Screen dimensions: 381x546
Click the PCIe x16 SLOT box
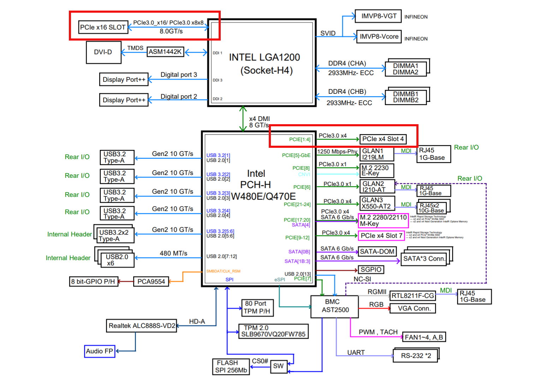click(x=103, y=27)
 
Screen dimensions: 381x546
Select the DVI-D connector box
click(x=103, y=52)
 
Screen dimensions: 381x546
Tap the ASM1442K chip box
click(x=165, y=52)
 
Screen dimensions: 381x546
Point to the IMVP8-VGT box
click(x=378, y=16)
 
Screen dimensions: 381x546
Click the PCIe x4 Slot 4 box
click(x=383, y=139)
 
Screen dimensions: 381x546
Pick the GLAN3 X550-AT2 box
click(x=377, y=203)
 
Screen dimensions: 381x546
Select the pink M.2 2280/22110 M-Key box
click(x=383, y=220)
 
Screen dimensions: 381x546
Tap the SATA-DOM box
click(x=377, y=252)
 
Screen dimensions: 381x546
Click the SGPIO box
click(x=371, y=270)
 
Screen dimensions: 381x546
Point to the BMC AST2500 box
click(x=334, y=306)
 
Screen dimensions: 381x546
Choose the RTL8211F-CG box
click(x=413, y=296)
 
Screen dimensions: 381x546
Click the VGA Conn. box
click(x=413, y=308)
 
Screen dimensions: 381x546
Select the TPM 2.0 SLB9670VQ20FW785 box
click(x=273, y=331)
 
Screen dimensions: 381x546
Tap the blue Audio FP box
click(x=100, y=351)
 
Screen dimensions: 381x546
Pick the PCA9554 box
click(x=151, y=282)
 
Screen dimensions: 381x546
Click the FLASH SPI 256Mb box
click(x=231, y=367)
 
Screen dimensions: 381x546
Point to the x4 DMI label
click(x=259, y=119)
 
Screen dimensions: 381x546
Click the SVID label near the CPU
click(x=328, y=33)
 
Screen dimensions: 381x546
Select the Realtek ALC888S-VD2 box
click(x=142, y=326)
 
